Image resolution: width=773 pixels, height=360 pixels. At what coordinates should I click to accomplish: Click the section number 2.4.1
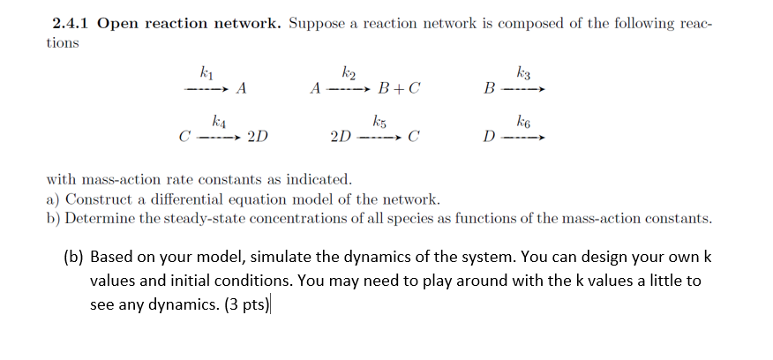pyautogui.click(x=71, y=23)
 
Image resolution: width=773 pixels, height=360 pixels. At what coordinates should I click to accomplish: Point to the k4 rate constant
pyautogui.click(x=218, y=119)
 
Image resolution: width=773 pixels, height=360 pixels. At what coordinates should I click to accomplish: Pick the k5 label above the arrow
pyautogui.click(x=379, y=119)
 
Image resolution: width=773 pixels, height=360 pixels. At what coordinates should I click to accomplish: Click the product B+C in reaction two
pyautogui.click(x=398, y=88)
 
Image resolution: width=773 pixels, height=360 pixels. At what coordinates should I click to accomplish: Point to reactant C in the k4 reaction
pyautogui.click(x=184, y=138)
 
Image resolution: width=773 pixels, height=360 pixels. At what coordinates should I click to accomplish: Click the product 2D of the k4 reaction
pyautogui.click(x=259, y=138)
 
